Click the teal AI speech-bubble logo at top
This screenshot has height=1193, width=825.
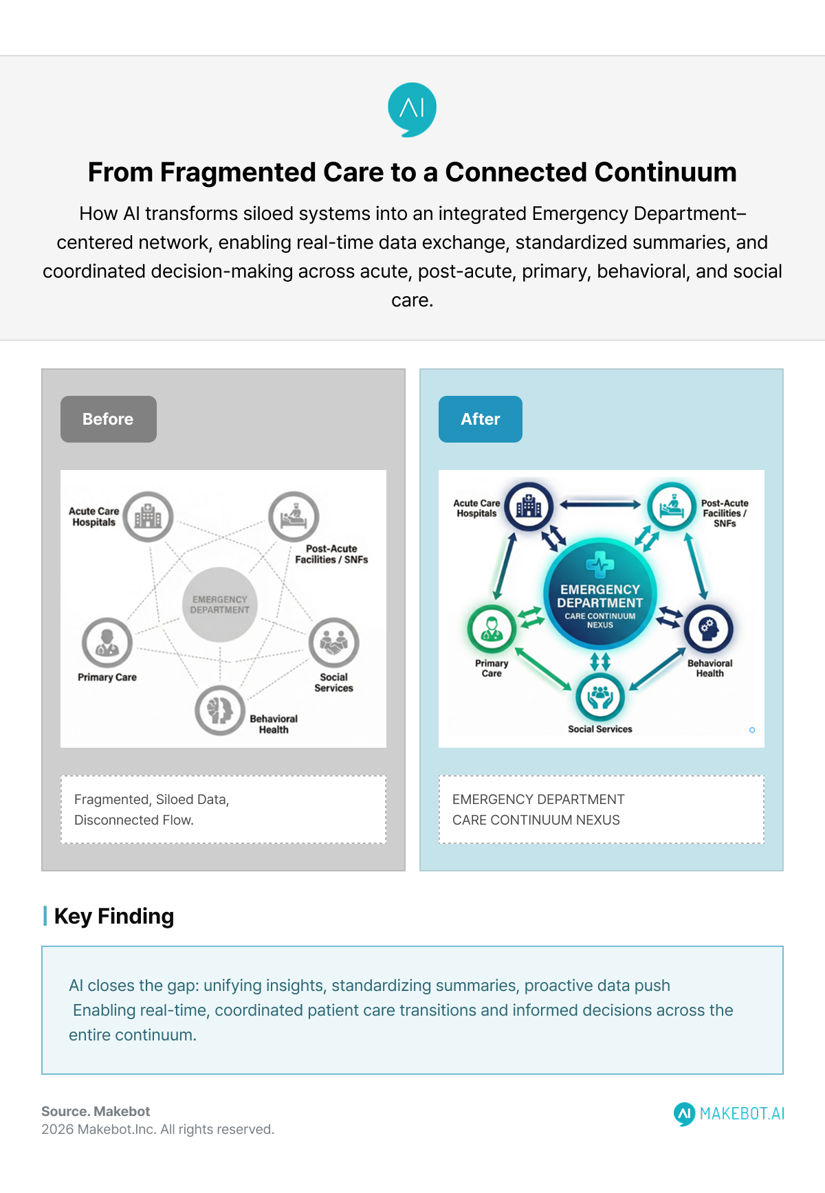[x=412, y=109]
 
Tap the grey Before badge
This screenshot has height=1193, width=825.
[x=109, y=419]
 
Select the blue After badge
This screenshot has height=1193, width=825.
[x=481, y=419]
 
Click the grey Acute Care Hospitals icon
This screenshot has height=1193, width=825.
[x=148, y=517]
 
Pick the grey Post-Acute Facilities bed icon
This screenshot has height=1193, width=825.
[x=294, y=517]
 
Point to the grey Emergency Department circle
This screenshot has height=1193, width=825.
[x=220, y=605]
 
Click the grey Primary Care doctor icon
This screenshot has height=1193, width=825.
[x=107, y=643]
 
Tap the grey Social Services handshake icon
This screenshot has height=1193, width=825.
[x=334, y=643]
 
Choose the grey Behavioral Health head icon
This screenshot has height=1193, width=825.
[x=219, y=710]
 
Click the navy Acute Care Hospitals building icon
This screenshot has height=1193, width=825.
[x=529, y=507]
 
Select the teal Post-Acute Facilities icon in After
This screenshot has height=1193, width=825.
[x=671, y=507]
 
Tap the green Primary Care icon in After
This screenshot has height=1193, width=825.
[x=492, y=628]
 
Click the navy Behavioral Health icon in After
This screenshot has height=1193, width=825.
[x=709, y=628]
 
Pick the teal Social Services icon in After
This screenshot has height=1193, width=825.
[x=600, y=696]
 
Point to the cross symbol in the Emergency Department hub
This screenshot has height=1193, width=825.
[x=600, y=565]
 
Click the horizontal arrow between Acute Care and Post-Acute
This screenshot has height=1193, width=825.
[x=600, y=504]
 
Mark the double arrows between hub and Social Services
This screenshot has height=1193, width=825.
[x=600, y=661]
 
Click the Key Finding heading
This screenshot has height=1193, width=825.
[x=113, y=916]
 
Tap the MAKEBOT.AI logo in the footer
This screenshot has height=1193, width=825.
[x=729, y=1113]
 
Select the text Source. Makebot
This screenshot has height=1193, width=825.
[x=96, y=1111]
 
